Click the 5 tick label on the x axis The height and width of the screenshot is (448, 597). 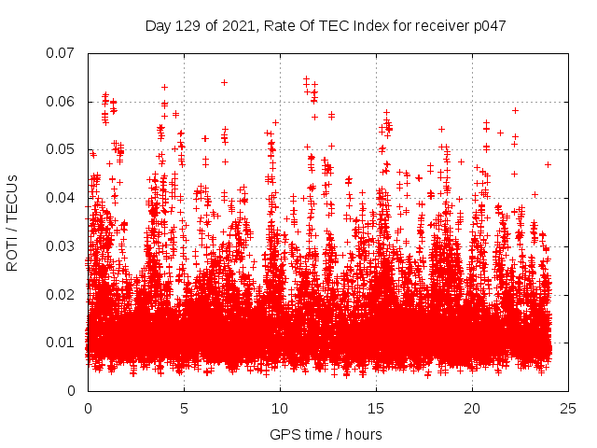(x=184, y=409)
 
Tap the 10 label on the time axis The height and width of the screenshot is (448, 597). (x=280, y=409)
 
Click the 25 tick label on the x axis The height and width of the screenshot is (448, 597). (x=568, y=409)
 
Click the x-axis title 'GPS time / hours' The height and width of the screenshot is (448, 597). (x=326, y=434)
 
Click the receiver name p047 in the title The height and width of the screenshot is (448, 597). (x=490, y=26)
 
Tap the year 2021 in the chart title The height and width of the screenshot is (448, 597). (x=239, y=26)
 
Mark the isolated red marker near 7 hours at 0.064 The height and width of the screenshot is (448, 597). (x=224, y=82)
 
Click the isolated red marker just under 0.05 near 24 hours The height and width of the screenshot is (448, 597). (x=548, y=164)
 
